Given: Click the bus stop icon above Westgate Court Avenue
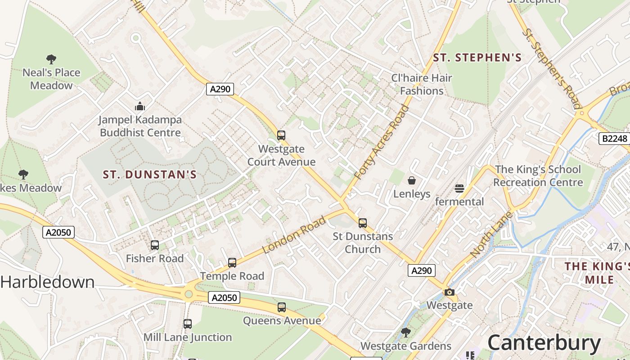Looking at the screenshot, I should (x=281, y=135).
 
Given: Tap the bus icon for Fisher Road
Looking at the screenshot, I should (x=155, y=245).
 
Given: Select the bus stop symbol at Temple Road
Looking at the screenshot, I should (x=232, y=263).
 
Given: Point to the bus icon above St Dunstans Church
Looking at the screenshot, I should (x=363, y=223).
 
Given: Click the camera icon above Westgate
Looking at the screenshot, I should (x=449, y=292).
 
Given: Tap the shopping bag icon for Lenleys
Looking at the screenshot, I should (x=412, y=181).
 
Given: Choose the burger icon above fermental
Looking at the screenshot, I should (x=459, y=188).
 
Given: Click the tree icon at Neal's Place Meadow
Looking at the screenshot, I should (x=51, y=59).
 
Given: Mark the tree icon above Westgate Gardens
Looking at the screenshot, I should (x=405, y=333).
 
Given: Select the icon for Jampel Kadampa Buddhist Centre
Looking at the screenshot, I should (x=140, y=107).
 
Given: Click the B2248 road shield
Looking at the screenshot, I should (x=614, y=139).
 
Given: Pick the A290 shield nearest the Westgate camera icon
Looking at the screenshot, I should (x=422, y=270).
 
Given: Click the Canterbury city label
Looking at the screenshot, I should (x=544, y=343).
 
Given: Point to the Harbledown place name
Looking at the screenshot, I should (x=48, y=282).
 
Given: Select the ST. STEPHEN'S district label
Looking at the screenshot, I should (x=477, y=58).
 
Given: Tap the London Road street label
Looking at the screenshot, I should (x=294, y=235).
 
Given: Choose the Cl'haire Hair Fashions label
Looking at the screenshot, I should (x=422, y=84).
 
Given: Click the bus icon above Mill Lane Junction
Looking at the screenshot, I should (x=188, y=324).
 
